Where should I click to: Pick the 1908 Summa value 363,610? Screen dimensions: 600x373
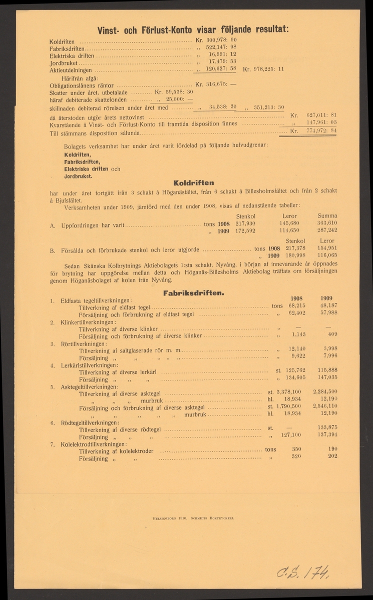(x=325, y=223)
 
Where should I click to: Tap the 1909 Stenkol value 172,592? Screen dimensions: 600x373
(x=246, y=231)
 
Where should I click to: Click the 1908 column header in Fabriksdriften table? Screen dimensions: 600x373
(x=297, y=297)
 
